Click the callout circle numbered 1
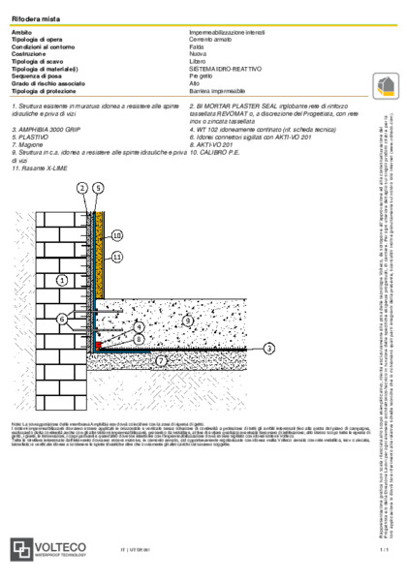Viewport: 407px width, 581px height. tap(61, 252)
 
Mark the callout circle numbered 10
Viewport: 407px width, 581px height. tap(117, 235)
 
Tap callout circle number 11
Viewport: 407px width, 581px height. tap(117, 258)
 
